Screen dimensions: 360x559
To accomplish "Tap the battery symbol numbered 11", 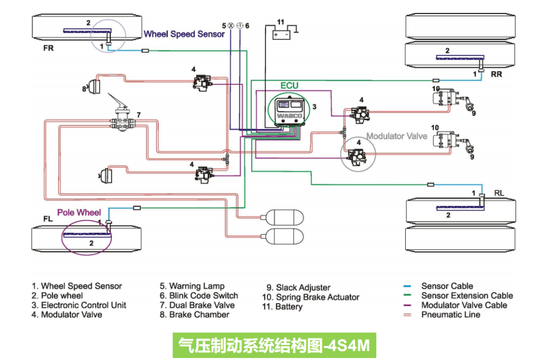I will pyautogui.click(x=282, y=34).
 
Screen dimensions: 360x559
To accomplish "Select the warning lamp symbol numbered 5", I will pyautogui.click(x=230, y=25).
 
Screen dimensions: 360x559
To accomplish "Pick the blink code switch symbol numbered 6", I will pyautogui.click(x=240, y=25).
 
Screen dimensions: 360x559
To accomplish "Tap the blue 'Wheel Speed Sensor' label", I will pyautogui.click(x=184, y=34).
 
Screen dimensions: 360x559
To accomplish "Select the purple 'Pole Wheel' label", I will pyautogui.click(x=79, y=213).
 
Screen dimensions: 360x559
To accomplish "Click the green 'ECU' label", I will pyautogui.click(x=289, y=85).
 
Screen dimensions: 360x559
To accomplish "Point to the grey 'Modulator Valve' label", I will pyautogui.click(x=396, y=136).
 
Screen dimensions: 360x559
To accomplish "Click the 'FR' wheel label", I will pyautogui.click(x=49, y=48).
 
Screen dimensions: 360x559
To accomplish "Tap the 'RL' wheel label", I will pyautogui.click(x=499, y=193).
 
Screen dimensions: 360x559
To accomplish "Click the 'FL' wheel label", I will pyautogui.click(x=48, y=219).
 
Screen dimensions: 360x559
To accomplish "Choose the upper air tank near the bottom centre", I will pyautogui.click(x=284, y=216).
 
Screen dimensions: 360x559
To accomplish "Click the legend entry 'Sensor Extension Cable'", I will pyautogui.click(x=466, y=295).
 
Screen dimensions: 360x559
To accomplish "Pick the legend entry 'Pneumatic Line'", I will pyautogui.click(x=450, y=314).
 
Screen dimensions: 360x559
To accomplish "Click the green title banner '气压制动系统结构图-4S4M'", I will pyautogui.click(x=274, y=345).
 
